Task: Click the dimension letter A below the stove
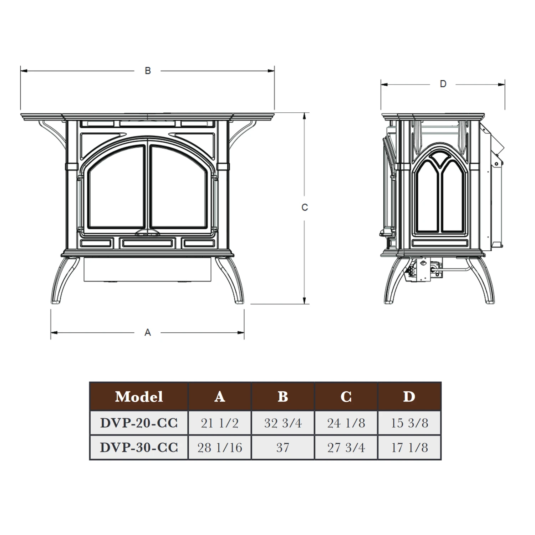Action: click(x=148, y=332)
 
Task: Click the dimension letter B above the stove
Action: click(x=148, y=71)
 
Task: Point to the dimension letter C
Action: click(x=304, y=207)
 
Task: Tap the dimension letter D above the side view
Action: click(x=443, y=84)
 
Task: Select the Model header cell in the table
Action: click(x=139, y=396)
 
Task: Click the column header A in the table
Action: click(x=220, y=396)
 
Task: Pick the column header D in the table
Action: click(x=409, y=396)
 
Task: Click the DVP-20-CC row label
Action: click(x=139, y=423)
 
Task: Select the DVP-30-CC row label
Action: click(x=139, y=447)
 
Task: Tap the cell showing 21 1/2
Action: click(x=220, y=423)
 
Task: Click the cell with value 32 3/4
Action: click(x=283, y=423)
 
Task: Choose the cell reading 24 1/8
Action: click(x=346, y=423)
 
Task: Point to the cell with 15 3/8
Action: click(x=409, y=423)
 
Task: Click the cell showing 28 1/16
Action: click(x=220, y=448)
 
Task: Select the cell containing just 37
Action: click(x=283, y=448)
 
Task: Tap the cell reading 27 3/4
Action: click(x=346, y=448)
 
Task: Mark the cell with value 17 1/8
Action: click(x=409, y=448)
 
